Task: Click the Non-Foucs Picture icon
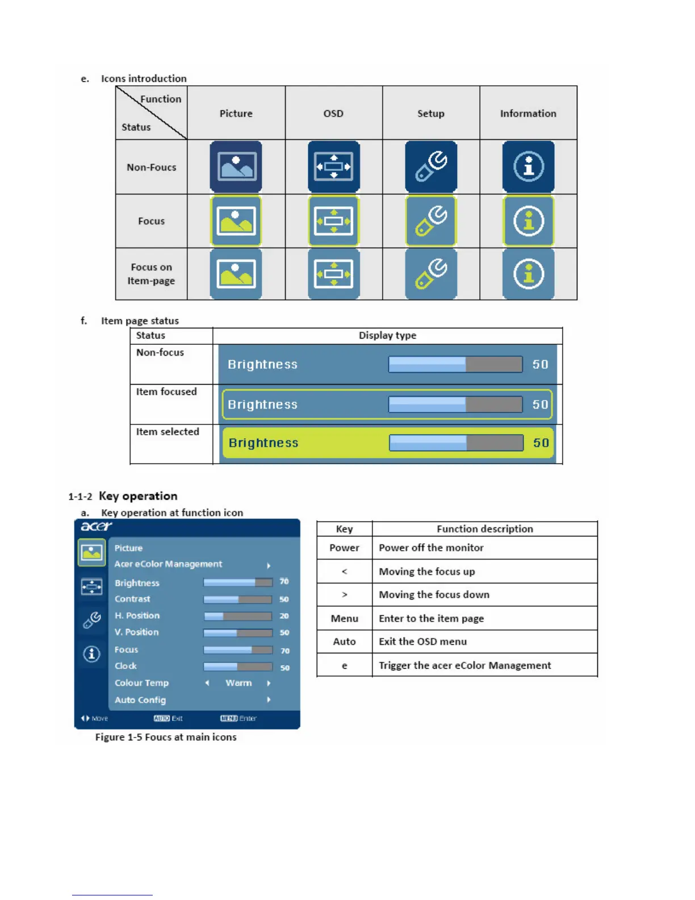(236, 167)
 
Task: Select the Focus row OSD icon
(333, 221)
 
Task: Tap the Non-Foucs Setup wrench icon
(431, 167)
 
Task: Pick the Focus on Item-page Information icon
(528, 274)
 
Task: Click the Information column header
(528, 114)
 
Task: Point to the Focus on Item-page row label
(151, 274)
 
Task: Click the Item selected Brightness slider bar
(456, 443)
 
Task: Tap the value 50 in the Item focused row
(540, 405)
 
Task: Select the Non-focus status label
(160, 353)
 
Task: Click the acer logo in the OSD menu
(96, 527)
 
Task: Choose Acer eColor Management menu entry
(168, 564)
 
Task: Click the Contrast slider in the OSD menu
(237, 599)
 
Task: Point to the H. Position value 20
(284, 616)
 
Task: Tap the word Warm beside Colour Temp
(238, 683)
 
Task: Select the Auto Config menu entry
(140, 700)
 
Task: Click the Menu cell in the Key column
(344, 619)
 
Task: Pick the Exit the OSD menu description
(422, 641)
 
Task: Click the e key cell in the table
(344, 665)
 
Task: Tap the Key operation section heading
(138, 496)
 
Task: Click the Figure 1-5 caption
(166, 737)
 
